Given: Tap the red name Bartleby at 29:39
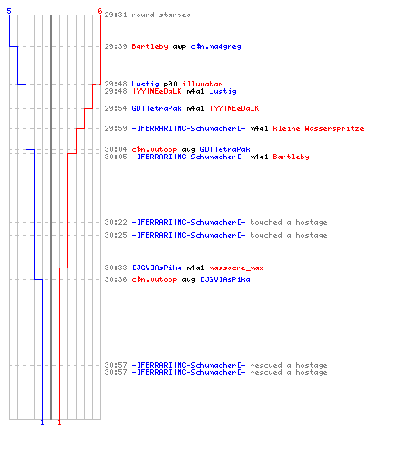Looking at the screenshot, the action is tap(149, 46).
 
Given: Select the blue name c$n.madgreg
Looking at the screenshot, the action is tap(216, 46).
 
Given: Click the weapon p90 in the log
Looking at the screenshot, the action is tap(170, 84).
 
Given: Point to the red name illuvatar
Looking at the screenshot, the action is tap(202, 84).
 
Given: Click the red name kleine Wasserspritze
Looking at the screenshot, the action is tap(318, 128).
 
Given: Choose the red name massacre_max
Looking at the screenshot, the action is tap(236, 268).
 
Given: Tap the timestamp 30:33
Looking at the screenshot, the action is tap(116, 268).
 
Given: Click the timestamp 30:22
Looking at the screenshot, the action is tap(116, 222).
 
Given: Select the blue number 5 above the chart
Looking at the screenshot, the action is tap(9, 11).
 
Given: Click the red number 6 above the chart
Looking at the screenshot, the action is tap(100, 11).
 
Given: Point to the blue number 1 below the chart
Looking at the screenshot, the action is tap(42, 422).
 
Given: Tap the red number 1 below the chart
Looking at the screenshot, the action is tap(59, 422).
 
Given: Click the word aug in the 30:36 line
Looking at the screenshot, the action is tap(189, 280).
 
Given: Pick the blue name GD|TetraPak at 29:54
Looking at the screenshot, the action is tap(157, 108).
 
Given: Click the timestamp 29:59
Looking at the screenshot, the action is tap(116, 128).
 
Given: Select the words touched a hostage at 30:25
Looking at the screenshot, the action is tap(289, 235).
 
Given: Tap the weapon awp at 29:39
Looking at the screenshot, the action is tap(179, 47).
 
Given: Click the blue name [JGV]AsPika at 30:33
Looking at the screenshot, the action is tap(157, 268).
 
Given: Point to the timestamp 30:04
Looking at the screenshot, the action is tap(116, 149).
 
